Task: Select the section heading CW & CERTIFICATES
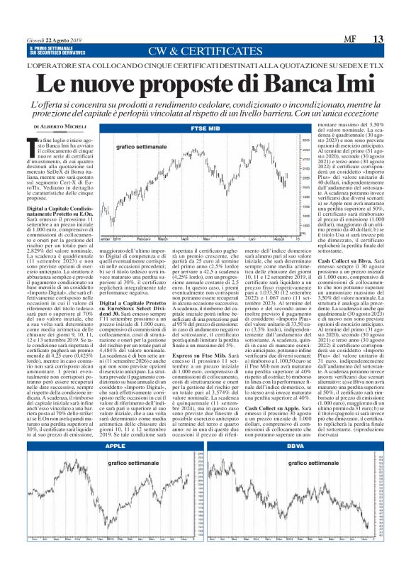(x=205, y=52)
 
